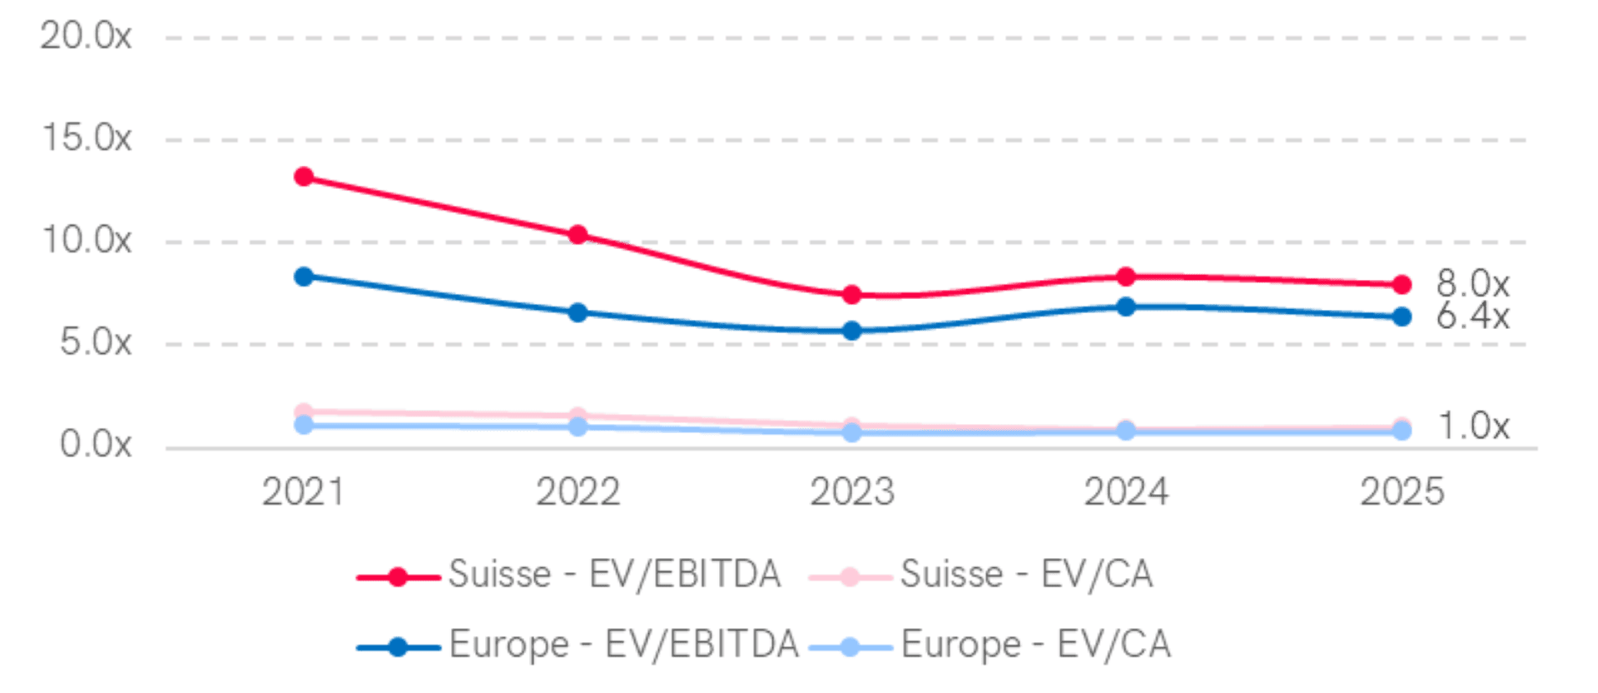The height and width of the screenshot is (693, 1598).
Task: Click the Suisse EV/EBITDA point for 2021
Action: point(304,177)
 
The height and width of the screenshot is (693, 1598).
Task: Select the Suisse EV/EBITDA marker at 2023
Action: point(851,294)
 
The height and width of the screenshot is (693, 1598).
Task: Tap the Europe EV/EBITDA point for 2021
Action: point(304,277)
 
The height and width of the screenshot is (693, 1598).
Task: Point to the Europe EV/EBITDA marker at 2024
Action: point(1125,307)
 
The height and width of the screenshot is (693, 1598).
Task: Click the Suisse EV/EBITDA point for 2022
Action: point(578,234)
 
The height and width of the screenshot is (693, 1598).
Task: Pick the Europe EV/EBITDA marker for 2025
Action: point(1402,317)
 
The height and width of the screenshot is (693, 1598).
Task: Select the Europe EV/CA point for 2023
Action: point(851,433)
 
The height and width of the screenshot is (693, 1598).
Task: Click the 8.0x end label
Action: point(1471,284)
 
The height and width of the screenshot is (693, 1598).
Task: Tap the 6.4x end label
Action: point(1471,316)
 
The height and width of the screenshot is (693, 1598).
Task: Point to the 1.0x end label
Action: point(1473,426)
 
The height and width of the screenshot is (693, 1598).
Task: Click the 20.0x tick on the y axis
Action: point(86,36)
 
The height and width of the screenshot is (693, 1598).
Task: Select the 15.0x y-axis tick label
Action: point(87,137)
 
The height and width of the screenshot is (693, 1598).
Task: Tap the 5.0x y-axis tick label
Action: point(95,342)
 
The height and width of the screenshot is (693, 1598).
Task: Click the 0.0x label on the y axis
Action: point(95,443)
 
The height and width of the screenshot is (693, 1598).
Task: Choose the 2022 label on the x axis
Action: point(578,491)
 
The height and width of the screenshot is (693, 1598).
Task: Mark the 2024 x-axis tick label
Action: point(1125,491)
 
